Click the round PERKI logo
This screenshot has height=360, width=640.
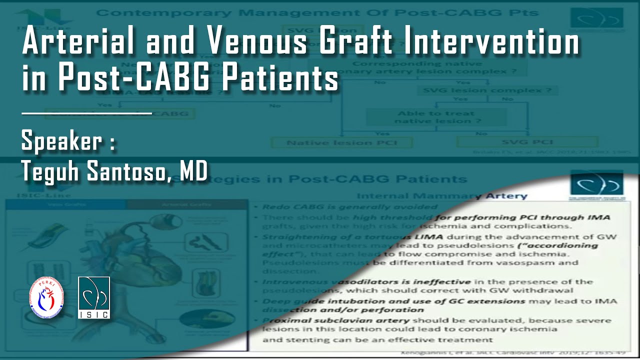(x=46, y=299)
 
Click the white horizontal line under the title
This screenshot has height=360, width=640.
(x=86, y=113)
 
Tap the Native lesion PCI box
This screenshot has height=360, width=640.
(x=342, y=143)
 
